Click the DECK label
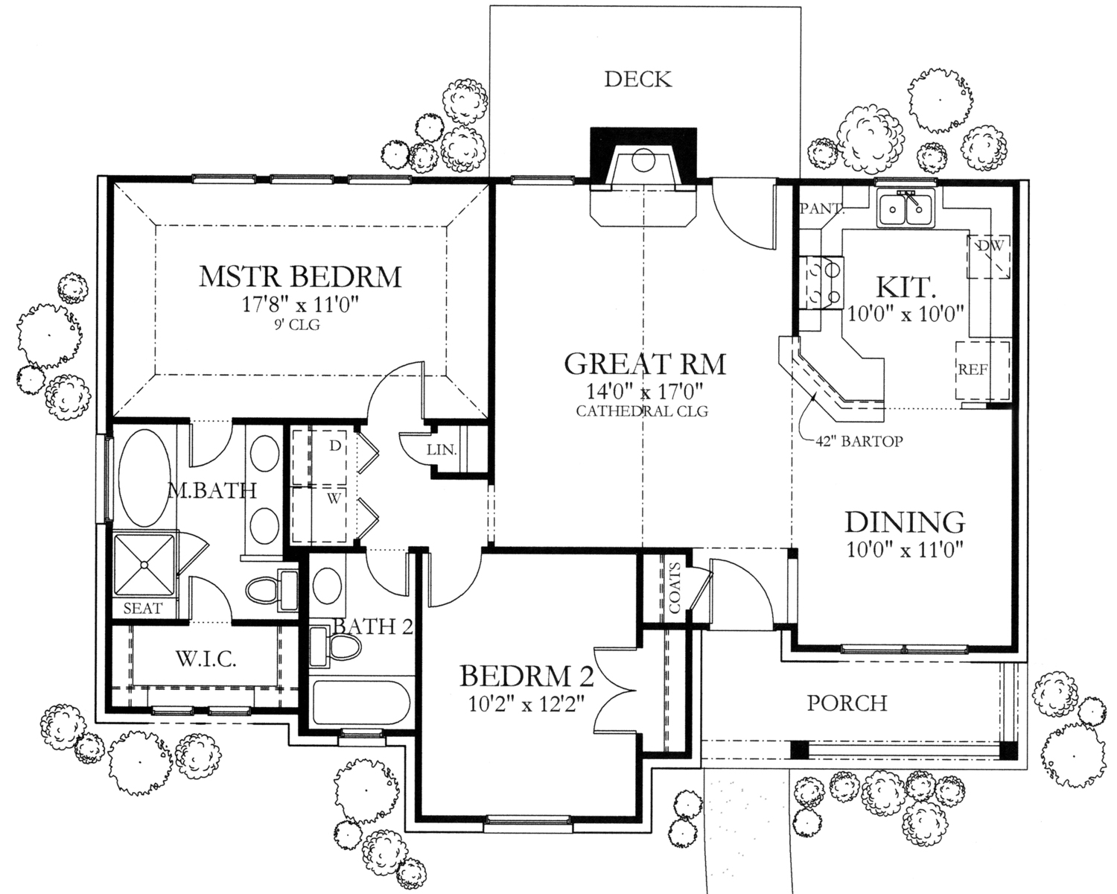tap(638, 79)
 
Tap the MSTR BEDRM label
tap(300, 276)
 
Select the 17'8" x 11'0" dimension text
tap(300, 305)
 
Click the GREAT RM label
tap(645, 364)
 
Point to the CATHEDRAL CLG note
tap(642, 410)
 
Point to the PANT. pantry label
tap(821, 209)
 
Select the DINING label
tap(905, 521)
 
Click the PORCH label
tap(847, 703)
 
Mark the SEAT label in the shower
tap(143, 608)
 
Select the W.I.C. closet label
tap(206, 659)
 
